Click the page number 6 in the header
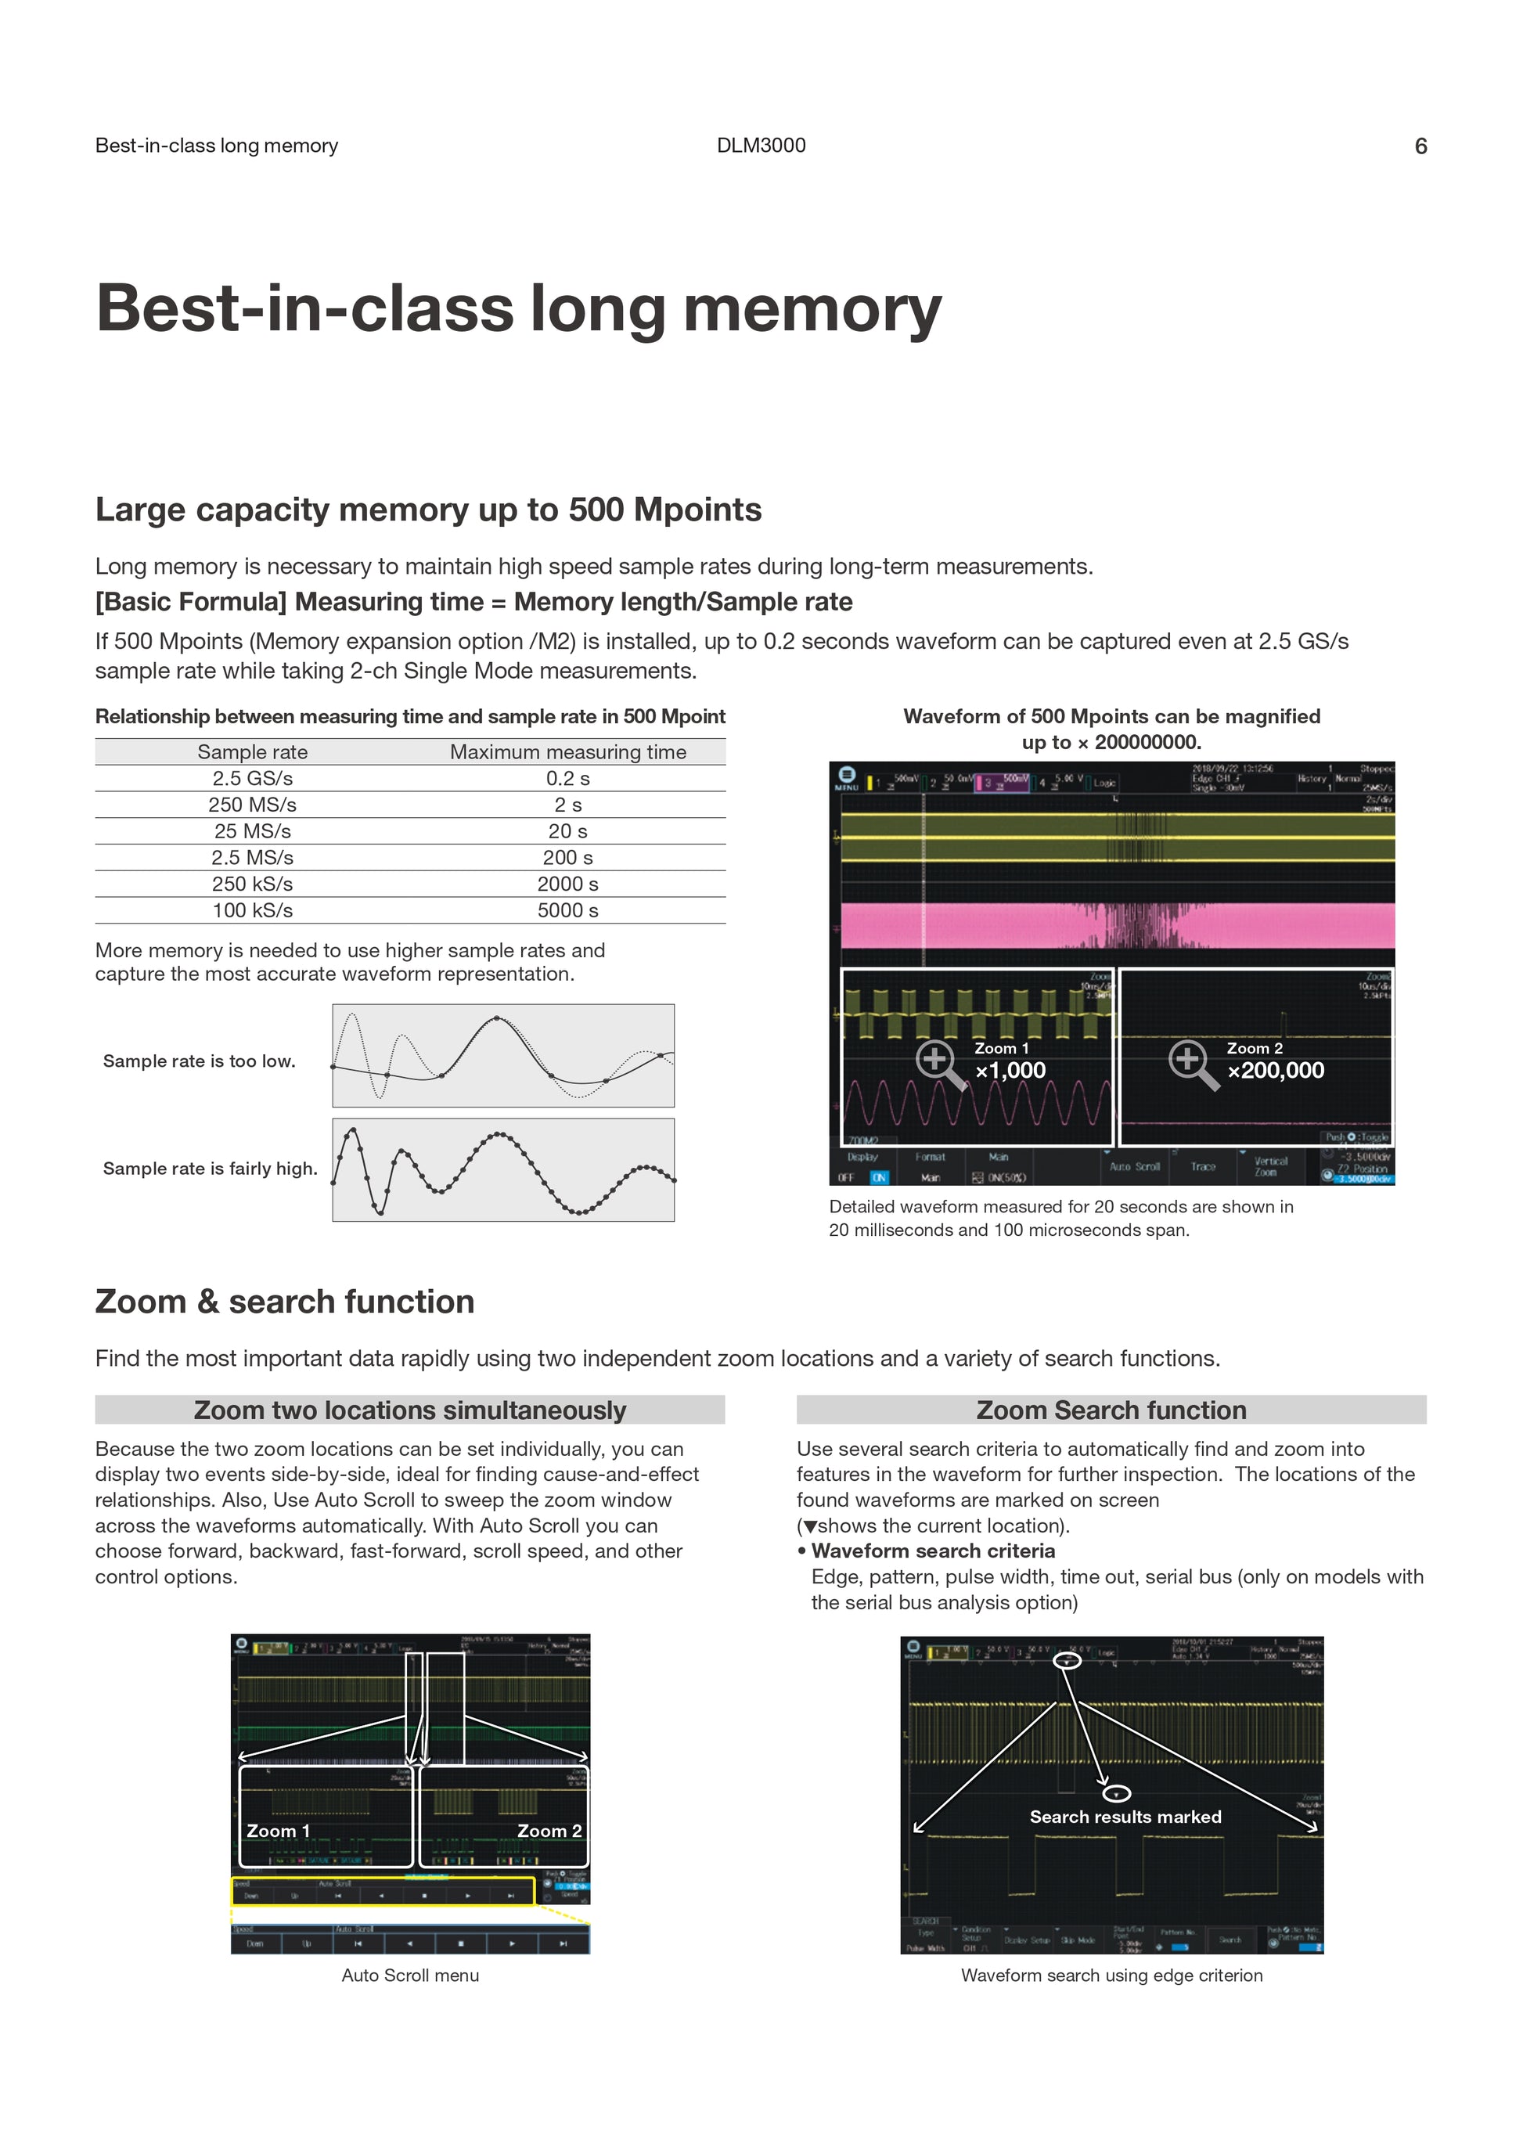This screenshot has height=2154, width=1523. (1420, 146)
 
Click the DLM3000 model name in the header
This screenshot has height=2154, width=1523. (761, 146)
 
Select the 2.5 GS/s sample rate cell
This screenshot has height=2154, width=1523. (252, 779)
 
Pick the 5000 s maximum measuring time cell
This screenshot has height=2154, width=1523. (567, 910)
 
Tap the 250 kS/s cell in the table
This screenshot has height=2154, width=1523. (252, 884)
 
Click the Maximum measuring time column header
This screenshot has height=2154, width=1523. (567, 751)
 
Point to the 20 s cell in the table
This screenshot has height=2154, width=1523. (567, 831)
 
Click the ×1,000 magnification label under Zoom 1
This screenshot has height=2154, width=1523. (1010, 1071)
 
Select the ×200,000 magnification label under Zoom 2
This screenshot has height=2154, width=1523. (1276, 1071)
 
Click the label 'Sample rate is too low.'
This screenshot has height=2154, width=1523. (199, 1061)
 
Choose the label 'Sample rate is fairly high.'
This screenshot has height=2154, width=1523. (210, 1168)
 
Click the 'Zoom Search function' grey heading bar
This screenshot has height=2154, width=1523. (1111, 1410)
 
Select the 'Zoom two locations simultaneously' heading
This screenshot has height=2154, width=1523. (410, 1410)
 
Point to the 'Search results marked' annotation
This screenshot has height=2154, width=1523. (1125, 1817)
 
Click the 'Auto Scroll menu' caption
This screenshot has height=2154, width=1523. (410, 1975)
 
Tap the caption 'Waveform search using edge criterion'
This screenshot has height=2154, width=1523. (1111, 1975)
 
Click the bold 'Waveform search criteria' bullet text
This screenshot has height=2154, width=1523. (933, 1551)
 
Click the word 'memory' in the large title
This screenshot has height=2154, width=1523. (812, 308)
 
